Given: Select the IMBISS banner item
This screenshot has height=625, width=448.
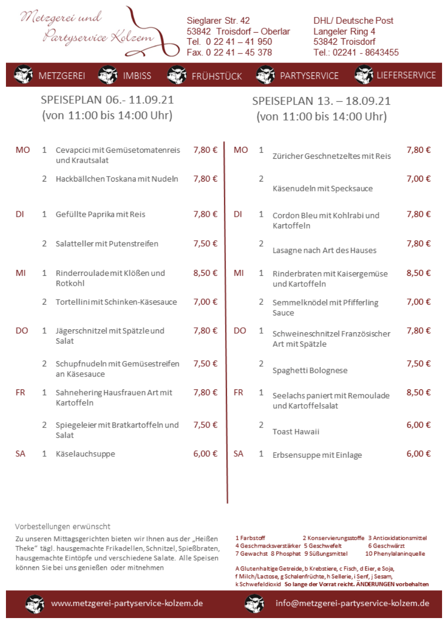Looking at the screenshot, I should tap(137, 76).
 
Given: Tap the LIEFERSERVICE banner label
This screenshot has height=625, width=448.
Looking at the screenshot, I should tap(406, 75).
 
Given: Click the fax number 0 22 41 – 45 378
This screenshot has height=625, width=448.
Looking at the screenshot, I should tap(229, 53).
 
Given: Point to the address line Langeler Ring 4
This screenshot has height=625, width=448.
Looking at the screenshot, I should tap(344, 31).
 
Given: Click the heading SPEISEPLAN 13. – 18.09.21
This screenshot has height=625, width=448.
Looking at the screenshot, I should tap(321, 101).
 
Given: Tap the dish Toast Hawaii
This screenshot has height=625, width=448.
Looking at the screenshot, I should tap(296, 432).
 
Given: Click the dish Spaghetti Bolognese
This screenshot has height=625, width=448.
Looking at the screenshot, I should tap(310, 371).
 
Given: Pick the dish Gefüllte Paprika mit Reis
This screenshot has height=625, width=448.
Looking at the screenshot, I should tap(101, 214).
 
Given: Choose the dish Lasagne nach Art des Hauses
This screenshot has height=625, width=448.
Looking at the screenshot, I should tap(324, 250).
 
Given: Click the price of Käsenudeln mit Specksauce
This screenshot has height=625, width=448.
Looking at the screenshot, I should tap(419, 179).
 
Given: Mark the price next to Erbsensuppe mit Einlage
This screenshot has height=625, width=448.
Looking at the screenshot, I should tap(419, 454).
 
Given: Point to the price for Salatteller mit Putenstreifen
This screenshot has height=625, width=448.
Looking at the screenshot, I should tap(205, 244).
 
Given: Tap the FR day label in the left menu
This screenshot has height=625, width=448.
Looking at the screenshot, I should tap(20, 392).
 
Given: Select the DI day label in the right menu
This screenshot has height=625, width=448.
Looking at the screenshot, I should tap(238, 214).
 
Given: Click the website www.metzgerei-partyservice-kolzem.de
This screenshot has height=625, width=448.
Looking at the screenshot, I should tap(127, 604).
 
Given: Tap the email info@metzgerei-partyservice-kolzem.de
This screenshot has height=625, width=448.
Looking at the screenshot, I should tap(352, 604).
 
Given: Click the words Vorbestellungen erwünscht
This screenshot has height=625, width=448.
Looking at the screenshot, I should tap(62, 527).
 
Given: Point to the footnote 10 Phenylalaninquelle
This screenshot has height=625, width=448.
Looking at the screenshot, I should tap(395, 554).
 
